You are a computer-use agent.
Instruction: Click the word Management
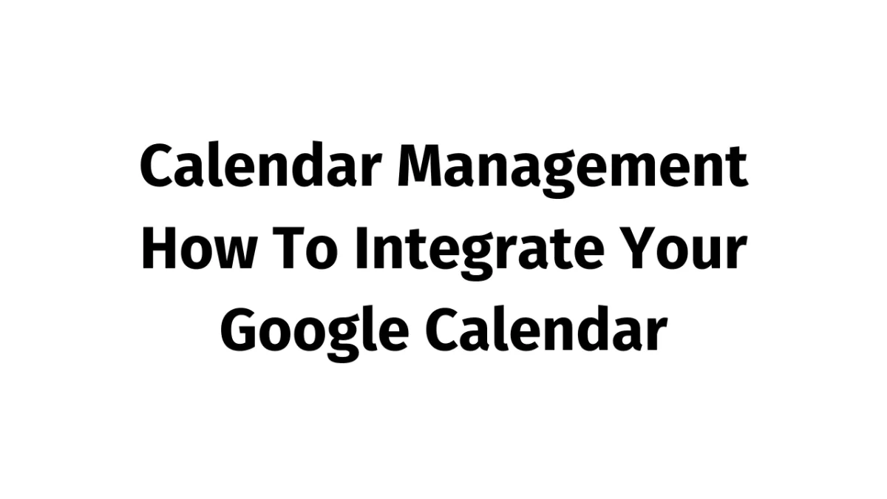click(x=573, y=169)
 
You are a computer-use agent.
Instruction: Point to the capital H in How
click(x=157, y=249)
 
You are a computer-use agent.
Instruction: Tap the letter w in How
click(x=236, y=255)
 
